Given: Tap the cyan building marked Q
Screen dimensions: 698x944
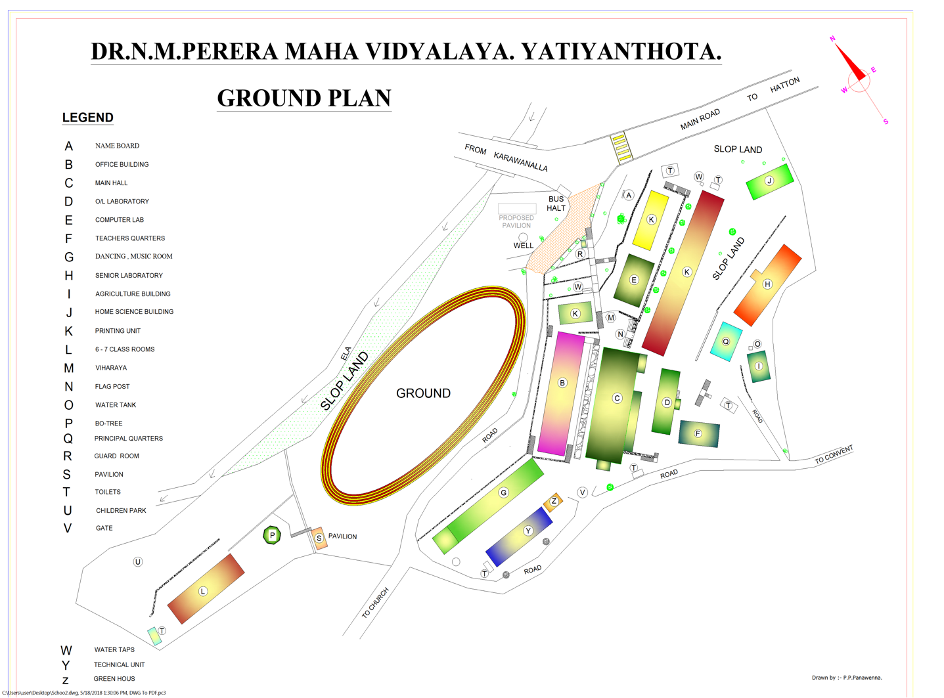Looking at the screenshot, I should tap(726, 341).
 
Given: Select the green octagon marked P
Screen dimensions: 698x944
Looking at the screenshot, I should tap(272, 535).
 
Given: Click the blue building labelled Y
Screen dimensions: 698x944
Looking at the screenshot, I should tap(519, 535).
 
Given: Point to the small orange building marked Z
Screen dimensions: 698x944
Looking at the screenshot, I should tap(553, 502).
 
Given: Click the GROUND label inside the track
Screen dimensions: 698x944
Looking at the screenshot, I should tap(423, 393).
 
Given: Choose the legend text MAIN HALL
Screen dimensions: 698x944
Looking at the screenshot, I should tap(111, 183).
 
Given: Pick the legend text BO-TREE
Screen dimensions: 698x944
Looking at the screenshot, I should tap(108, 424).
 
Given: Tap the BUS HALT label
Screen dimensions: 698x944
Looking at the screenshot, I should tap(556, 204).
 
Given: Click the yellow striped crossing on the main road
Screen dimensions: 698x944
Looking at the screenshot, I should tap(621, 148).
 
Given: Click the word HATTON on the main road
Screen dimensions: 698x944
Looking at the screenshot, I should tap(785, 85).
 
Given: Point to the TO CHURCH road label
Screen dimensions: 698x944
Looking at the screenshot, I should tap(376, 603).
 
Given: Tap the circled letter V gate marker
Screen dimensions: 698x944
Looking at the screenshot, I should tap(582, 492).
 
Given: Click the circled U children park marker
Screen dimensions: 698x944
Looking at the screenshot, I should tap(138, 562).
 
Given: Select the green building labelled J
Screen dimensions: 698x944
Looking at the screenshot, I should tap(769, 182).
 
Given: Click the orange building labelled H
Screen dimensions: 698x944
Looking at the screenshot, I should tap(767, 284).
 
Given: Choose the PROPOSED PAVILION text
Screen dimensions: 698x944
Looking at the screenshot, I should tap(516, 221).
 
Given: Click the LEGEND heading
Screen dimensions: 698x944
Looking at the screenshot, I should tap(87, 118).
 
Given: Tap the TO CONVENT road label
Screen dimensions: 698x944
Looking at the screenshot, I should tap(834, 454).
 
